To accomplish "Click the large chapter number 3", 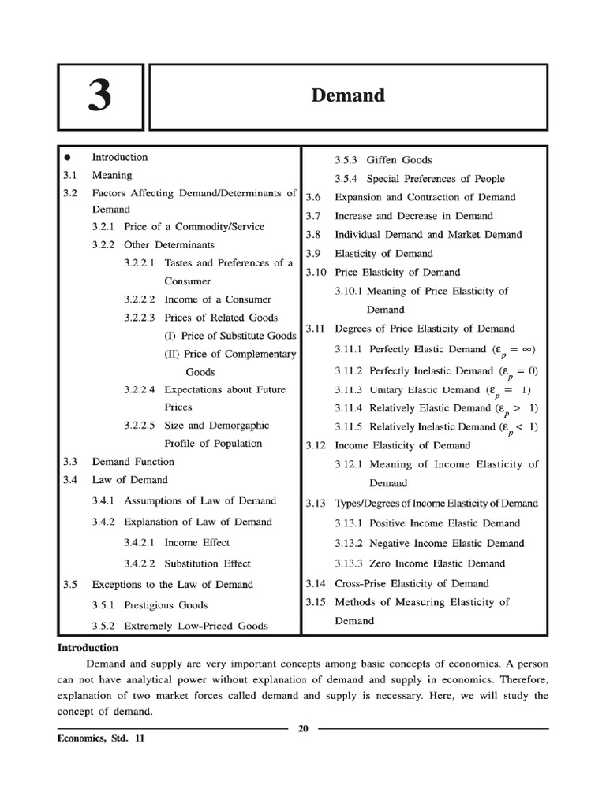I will point(99,97).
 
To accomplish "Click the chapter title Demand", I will point(348,96).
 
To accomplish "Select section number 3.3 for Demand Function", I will point(69,462).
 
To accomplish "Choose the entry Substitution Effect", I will point(208,563).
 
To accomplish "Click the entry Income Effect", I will point(197,543).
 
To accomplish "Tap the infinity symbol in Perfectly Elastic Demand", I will point(525,348).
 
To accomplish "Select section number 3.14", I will point(316,584).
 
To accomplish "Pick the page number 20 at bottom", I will point(303,728).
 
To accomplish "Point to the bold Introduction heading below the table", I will point(88,648).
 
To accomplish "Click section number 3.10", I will point(316,273).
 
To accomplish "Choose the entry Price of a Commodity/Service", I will point(194,227).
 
